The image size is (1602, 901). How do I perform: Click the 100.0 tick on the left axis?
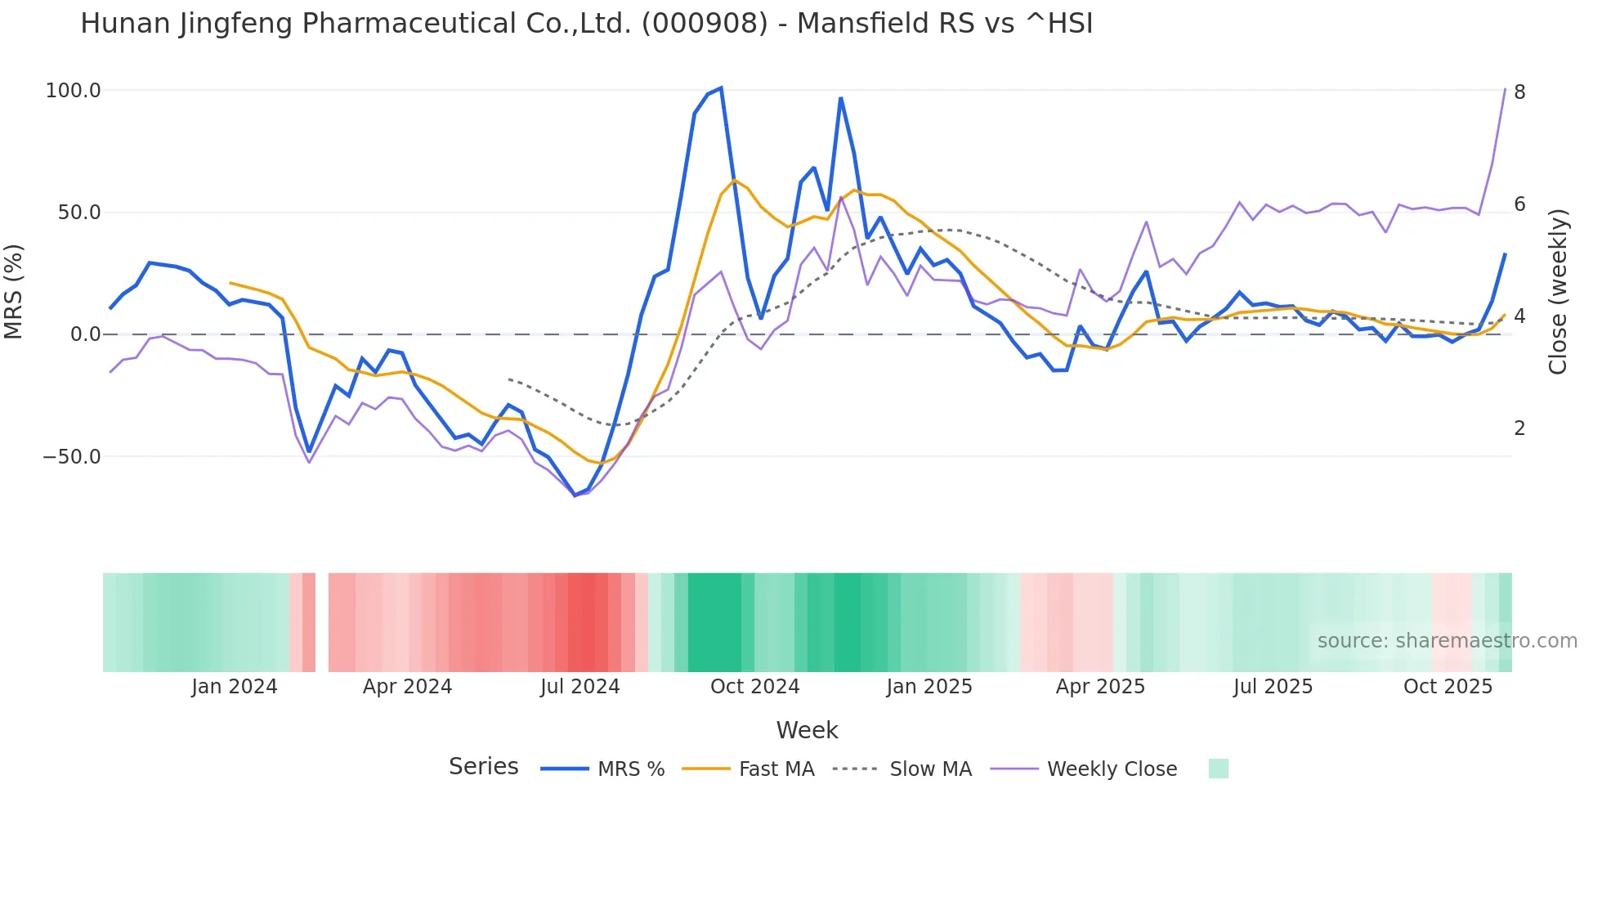[x=73, y=91]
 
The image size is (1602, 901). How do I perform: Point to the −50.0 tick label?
[x=72, y=457]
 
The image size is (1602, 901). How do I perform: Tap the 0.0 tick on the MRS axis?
[x=85, y=334]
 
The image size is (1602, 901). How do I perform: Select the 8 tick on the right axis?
[x=1519, y=92]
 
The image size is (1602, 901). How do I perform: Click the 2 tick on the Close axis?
[x=1519, y=428]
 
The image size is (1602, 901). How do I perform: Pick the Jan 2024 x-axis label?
[x=235, y=687]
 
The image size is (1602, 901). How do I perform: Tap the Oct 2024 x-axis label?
[x=754, y=687]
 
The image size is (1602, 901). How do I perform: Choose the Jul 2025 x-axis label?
[x=1273, y=687]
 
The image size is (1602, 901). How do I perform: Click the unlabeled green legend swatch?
[x=1218, y=769]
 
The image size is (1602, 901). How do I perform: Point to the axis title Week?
[x=807, y=730]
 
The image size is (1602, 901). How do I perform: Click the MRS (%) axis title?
[x=14, y=292]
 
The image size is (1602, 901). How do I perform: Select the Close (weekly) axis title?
[x=1558, y=292]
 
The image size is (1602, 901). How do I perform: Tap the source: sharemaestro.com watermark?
[x=1447, y=641]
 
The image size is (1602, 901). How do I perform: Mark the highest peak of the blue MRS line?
[x=720, y=87]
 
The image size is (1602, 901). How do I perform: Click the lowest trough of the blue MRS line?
[x=575, y=495]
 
